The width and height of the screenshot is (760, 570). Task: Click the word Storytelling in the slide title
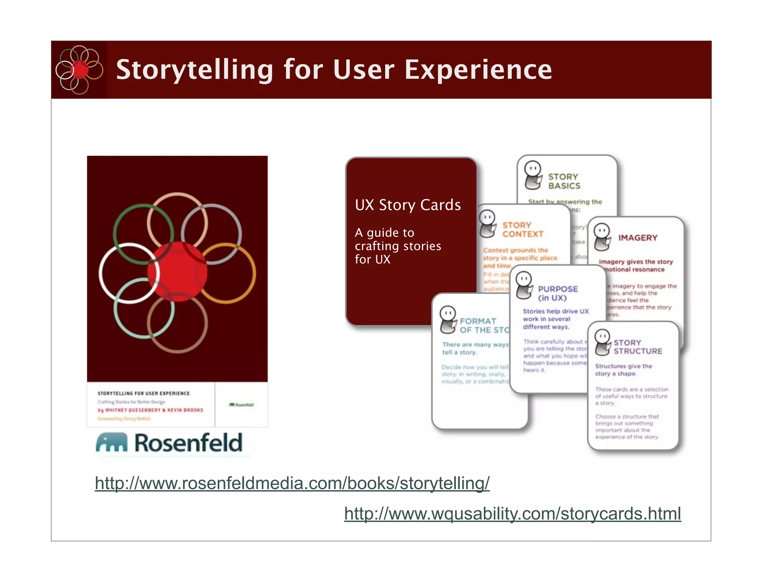click(194, 70)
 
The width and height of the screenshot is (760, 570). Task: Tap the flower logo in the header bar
click(79, 70)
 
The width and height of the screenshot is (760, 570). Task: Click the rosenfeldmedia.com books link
click(292, 483)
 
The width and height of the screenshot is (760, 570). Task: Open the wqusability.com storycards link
click(512, 514)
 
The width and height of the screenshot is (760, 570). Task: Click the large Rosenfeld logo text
click(188, 443)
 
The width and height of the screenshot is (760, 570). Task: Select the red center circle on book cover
click(177, 272)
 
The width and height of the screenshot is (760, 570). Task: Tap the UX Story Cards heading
click(407, 205)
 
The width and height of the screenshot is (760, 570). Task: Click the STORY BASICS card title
click(564, 181)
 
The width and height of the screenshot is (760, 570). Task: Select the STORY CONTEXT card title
click(522, 230)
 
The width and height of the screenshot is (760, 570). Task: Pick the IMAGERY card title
click(638, 238)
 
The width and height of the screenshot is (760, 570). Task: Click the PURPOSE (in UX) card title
click(557, 293)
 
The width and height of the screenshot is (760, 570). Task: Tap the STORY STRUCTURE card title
click(637, 347)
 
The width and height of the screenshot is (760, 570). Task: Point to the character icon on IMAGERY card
click(602, 237)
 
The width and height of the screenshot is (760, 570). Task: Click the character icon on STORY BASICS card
click(533, 175)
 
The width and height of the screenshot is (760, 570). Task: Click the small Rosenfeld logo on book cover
click(241, 404)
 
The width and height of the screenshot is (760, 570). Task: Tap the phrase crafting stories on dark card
click(398, 246)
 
